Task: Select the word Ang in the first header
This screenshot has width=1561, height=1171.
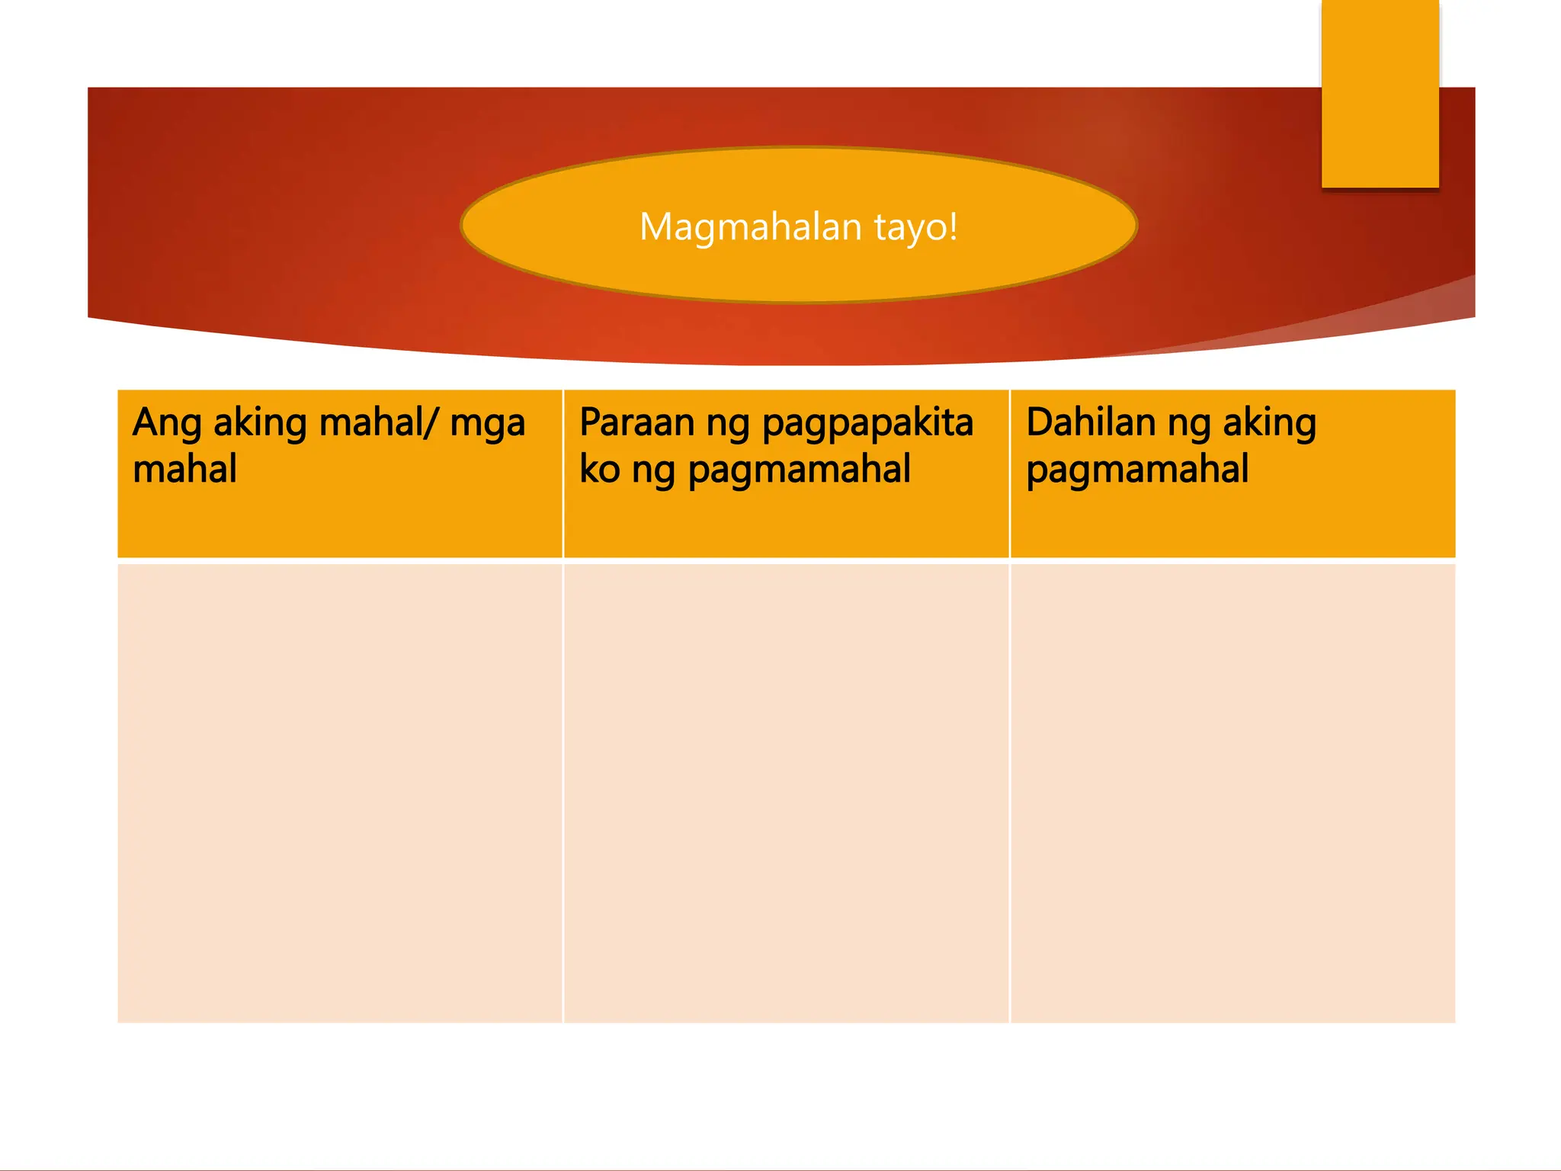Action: tap(166, 423)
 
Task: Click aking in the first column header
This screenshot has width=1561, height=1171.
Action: tap(260, 423)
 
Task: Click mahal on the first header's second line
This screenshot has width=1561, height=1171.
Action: tap(184, 469)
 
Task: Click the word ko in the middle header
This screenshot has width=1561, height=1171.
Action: tap(599, 469)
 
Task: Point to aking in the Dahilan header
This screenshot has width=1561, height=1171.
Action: tap(1269, 423)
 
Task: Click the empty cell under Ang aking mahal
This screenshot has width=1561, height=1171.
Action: tap(340, 793)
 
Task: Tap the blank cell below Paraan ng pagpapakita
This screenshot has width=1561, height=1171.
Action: tap(786, 793)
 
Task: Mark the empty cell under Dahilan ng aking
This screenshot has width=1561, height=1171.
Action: tap(1232, 793)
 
